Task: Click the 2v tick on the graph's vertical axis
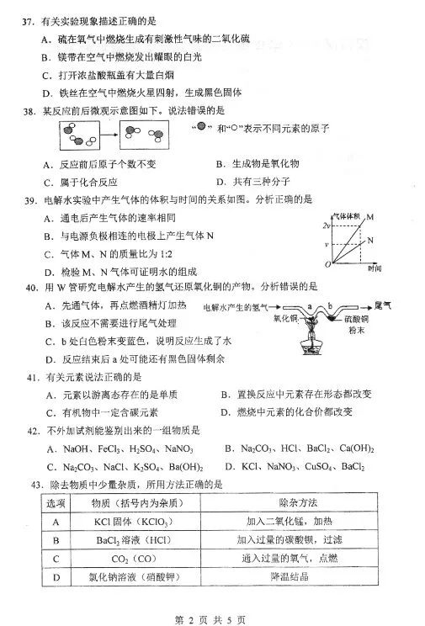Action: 325,226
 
